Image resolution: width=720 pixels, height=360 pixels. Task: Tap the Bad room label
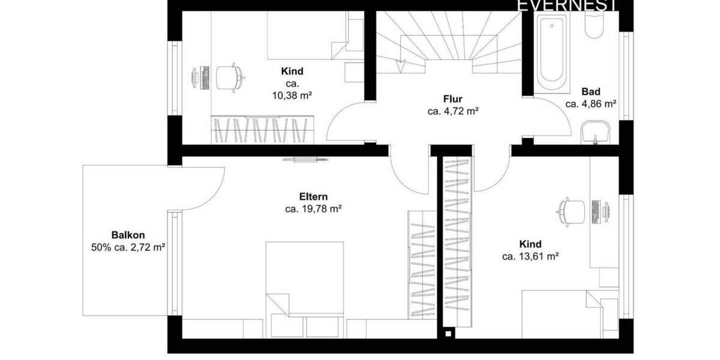point(590,92)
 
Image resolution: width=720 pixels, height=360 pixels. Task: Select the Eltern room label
point(313,196)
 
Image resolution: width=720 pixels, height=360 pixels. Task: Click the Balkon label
point(127,235)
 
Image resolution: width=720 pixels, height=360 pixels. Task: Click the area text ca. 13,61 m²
point(530,256)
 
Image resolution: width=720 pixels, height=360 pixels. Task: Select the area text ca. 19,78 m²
point(313,209)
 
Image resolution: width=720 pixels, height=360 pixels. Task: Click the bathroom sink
point(595,131)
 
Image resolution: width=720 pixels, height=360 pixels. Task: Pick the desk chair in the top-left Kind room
point(228,76)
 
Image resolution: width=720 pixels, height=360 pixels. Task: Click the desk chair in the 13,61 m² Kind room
point(571,211)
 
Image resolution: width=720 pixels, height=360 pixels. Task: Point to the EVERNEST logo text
point(566,6)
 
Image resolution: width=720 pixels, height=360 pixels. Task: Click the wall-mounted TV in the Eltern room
point(305,160)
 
